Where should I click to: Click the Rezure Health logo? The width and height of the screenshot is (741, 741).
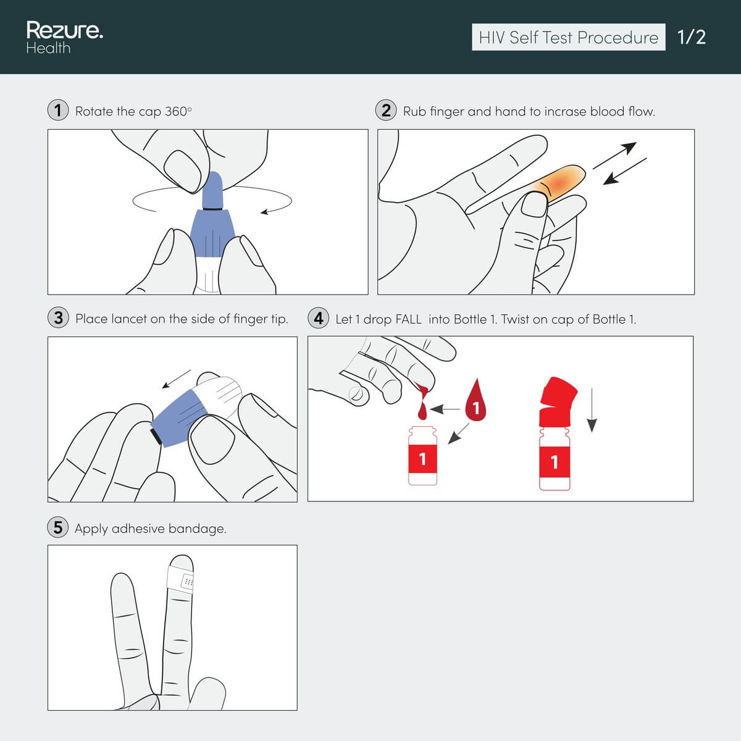coord(65,37)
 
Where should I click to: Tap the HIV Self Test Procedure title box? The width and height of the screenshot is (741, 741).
coord(568,37)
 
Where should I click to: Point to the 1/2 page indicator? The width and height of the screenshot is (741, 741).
coord(692,37)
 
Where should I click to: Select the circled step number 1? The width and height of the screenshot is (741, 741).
coord(58,111)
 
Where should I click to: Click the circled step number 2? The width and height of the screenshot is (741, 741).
coord(386,111)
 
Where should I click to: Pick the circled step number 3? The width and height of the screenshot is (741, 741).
coord(58,318)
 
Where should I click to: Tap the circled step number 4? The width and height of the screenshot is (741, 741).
coord(319,318)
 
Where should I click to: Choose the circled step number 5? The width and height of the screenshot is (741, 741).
coord(57,527)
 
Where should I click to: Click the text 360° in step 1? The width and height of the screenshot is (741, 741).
coord(178,111)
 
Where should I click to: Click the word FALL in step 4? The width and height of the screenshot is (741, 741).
coord(408,319)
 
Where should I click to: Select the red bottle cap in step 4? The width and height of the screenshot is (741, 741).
coord(558,401)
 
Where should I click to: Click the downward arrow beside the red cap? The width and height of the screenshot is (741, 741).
coord(592,410)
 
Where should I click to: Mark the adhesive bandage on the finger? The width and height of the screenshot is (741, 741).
coord(181,579)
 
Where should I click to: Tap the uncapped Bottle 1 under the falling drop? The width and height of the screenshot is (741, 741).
coord(422,456)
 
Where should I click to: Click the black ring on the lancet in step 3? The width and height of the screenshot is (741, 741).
coord(156,436)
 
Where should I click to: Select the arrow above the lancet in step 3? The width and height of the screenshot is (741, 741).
coord(177,379)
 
